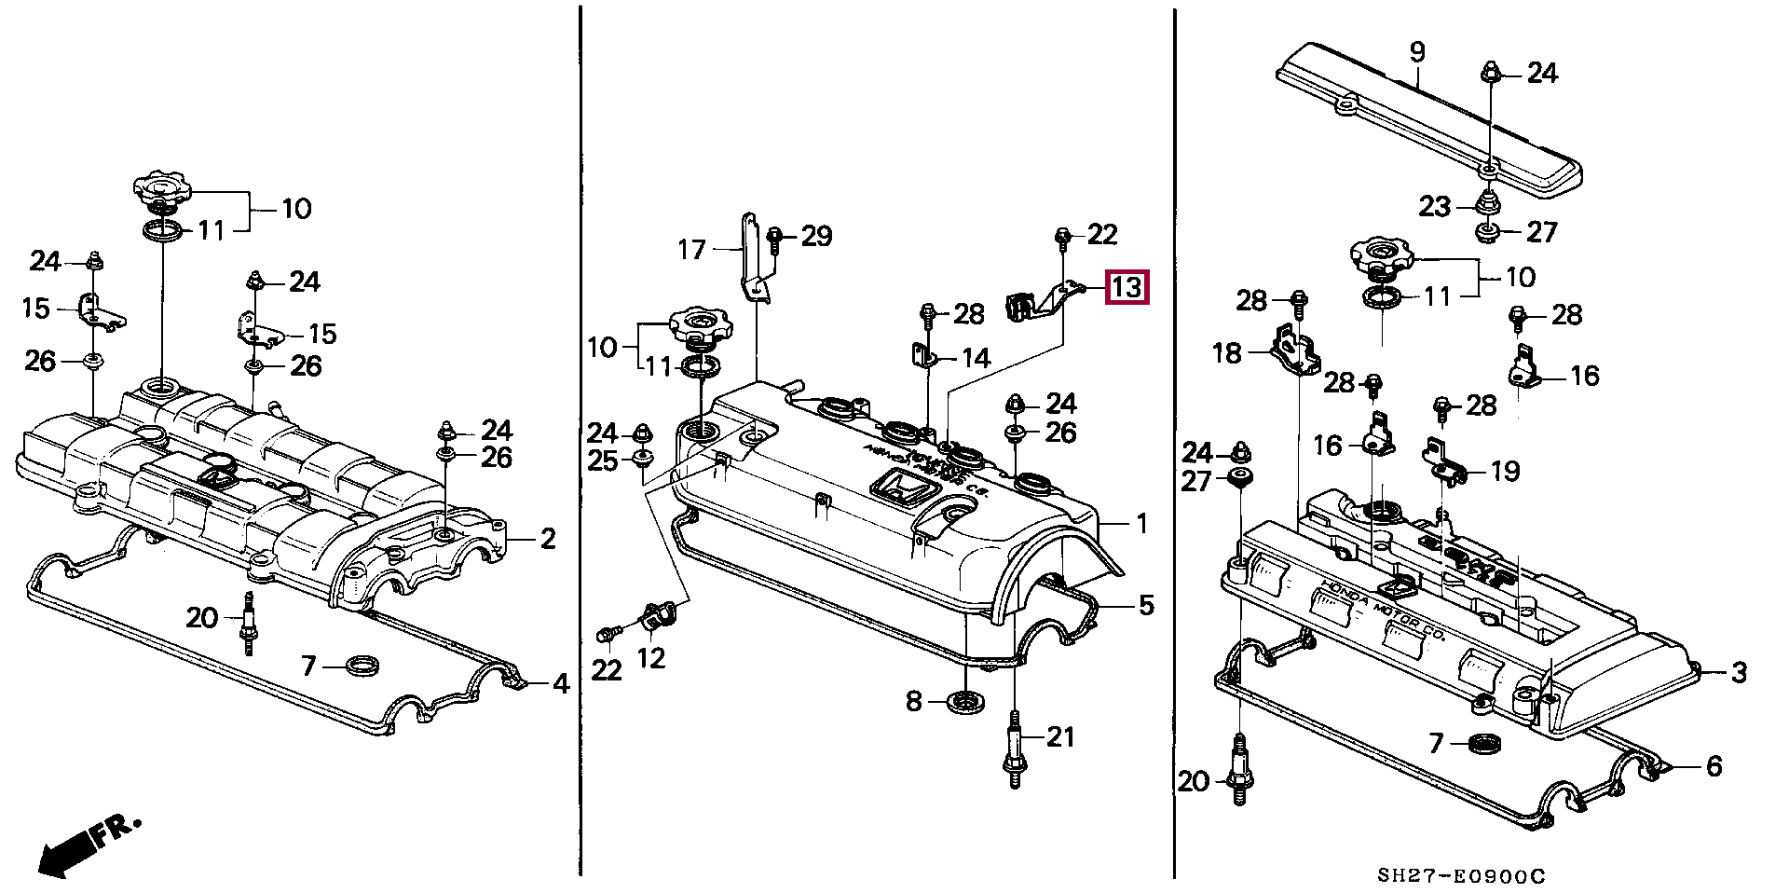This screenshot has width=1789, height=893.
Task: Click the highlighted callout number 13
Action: pyautogui.click(x=1127, y=287)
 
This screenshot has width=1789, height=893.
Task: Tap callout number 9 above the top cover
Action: pyautogui.click(x=1416, y=52)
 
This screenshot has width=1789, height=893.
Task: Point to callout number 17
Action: pyautogui.click(x=691, y=250)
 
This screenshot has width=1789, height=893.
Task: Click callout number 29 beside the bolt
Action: pyautogui.click(x=816, y=236)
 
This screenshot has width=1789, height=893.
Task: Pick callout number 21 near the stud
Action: pyautogui.click(x=1060, y=737)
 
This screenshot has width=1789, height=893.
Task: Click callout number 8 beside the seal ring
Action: pyautogui.click(x=913, y=700)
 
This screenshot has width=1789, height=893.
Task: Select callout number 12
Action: pyautogui.click(x=650, y=658)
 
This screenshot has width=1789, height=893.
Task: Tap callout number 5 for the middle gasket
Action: pyautogui.click(x=1145, y=605)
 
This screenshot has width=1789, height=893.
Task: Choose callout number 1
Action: pyautogui.click(x=1142, y=524)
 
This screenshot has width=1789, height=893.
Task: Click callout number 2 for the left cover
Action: pyautogui.click(x=548, y=538)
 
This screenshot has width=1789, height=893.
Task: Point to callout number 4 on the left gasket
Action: pyautogui.click(x=560, y=684)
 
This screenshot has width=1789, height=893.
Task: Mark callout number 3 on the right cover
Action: pyautogui.click(x=1738, y=672)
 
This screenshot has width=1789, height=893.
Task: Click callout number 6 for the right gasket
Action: pyautogui.click(x=1714, y=766)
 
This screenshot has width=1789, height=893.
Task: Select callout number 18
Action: pyautogui.click(x=1227, y=353)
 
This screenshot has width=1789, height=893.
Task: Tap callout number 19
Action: pyautogui.click(x=1505, y=472)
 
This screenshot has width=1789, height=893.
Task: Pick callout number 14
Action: pyautogui.click(x=976, y=358)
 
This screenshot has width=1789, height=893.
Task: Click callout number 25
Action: pyautogui.click(x=603, y=460)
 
